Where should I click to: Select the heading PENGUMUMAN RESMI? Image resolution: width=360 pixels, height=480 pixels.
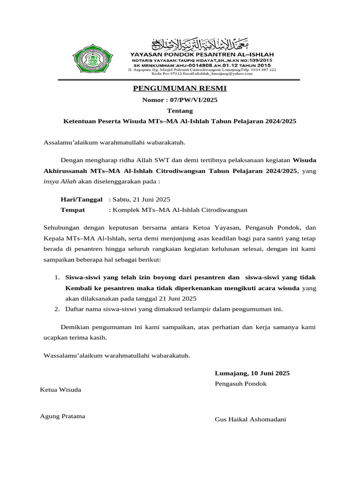[180, 88]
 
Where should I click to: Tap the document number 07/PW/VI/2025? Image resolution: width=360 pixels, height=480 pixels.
[180, 100]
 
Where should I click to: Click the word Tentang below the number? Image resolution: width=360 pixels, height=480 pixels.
[180, 111]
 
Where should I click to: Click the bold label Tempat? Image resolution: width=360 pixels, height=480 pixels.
[73, 210]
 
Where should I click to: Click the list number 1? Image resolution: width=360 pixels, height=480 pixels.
[56, 277]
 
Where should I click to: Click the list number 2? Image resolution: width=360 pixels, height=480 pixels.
[56, 309]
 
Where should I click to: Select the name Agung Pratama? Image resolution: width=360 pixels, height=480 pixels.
[63, 416]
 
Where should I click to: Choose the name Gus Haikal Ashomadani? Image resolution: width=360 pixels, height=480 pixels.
[250, 419]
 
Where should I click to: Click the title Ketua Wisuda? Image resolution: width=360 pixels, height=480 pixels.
[61, 390]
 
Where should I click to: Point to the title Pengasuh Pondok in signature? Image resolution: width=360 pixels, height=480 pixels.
[240, 383]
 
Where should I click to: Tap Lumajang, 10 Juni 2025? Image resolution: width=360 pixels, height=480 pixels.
[252, 373]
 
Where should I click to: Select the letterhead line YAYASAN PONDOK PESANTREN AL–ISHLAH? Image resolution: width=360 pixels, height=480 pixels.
[202, 55]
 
